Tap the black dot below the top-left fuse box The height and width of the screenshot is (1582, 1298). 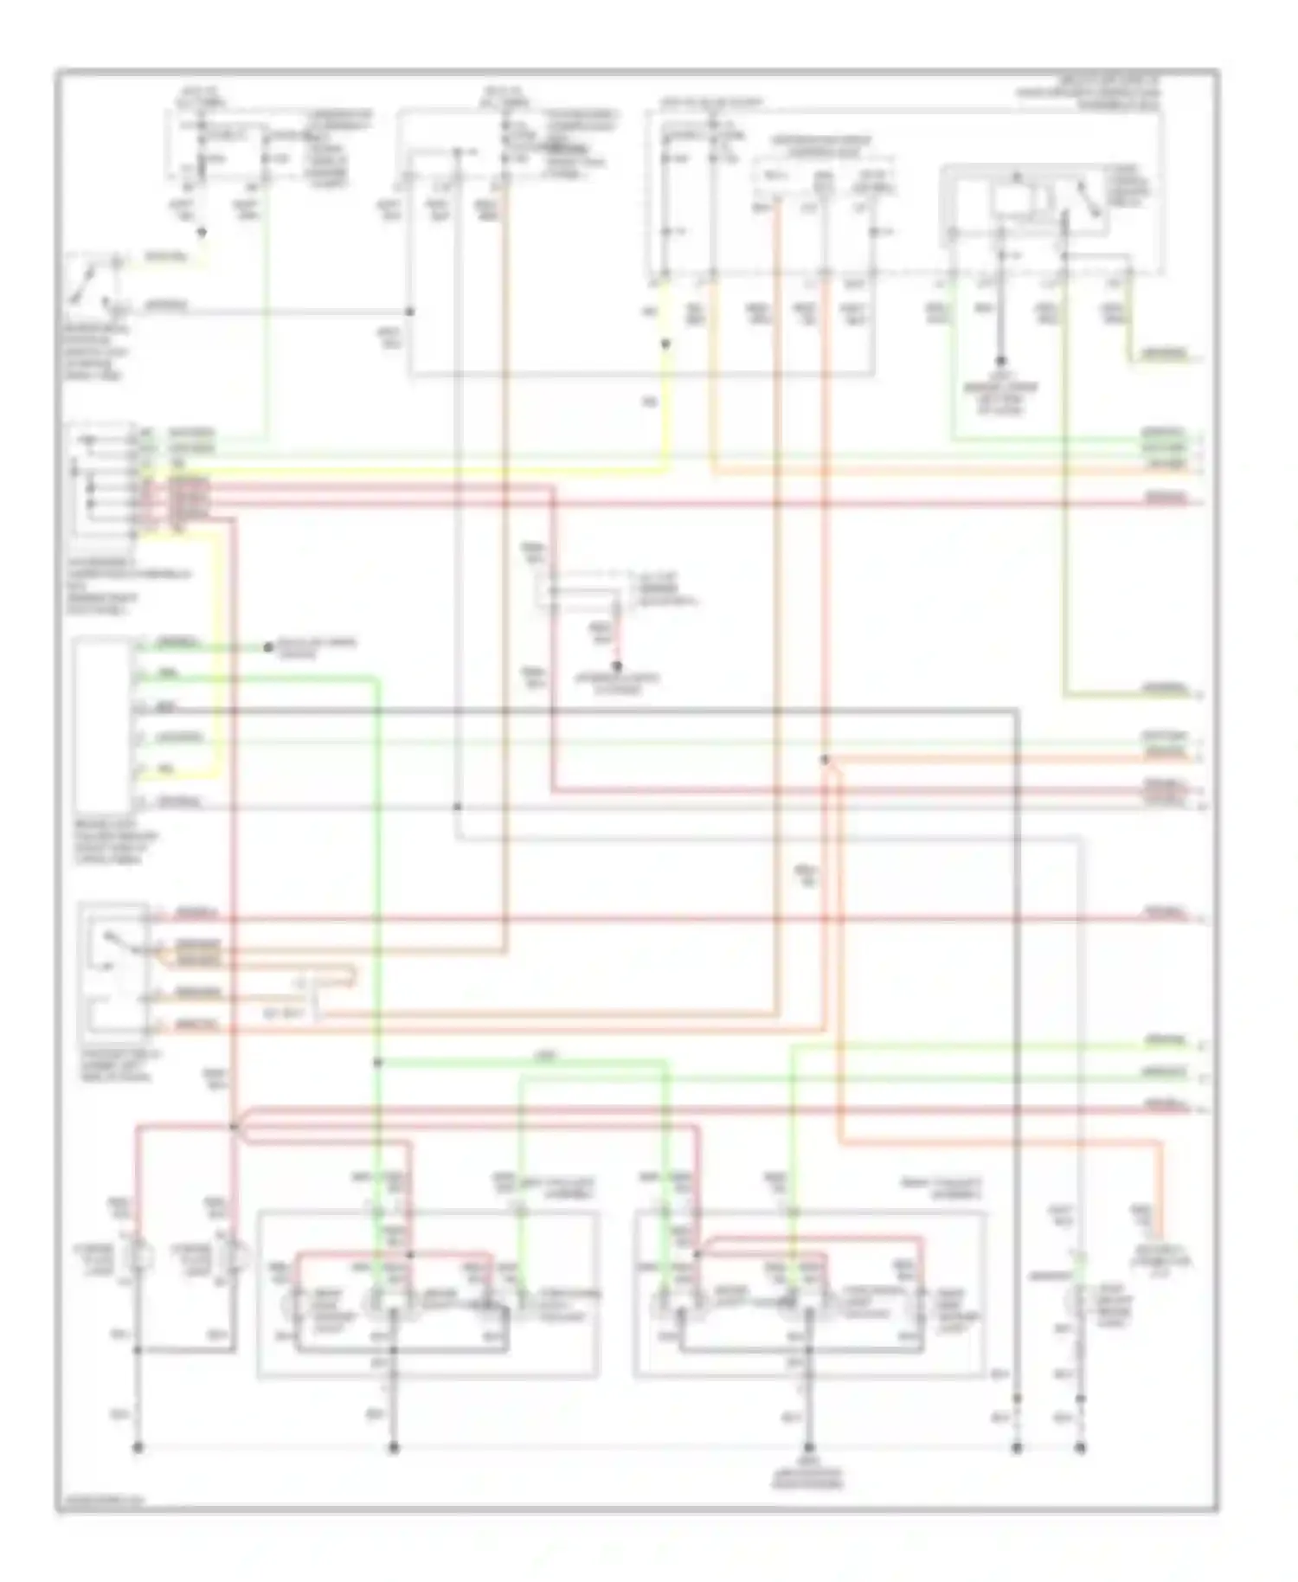(202, 232)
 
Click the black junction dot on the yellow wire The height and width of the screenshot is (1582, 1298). (665, 344)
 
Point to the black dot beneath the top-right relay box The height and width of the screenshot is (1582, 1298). (1001, 361)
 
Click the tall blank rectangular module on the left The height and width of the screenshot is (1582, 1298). (102, 723)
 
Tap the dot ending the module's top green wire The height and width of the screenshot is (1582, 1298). (269, 646)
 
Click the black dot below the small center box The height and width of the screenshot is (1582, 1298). (617, 666)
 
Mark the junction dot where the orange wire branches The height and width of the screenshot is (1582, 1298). (826, 759)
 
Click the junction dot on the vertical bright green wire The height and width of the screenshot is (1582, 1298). (377, 1062)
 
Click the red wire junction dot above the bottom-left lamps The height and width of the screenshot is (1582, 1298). (235, 1127)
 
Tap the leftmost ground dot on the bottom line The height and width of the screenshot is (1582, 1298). (138, 1446)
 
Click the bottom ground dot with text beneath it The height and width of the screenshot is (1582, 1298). (810, 1446)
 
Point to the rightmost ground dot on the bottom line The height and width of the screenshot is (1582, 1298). (1081, 1446)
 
